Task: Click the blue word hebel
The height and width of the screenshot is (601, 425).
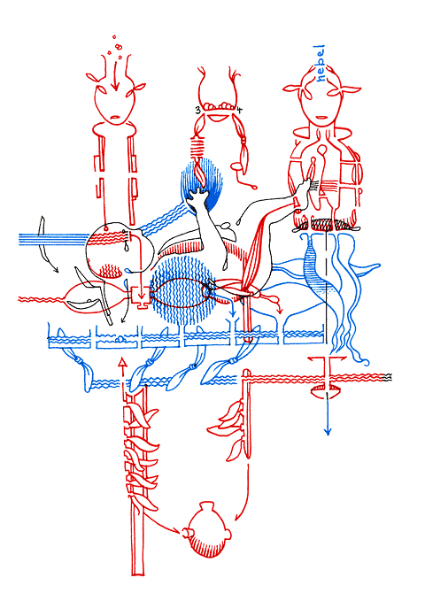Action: [x=320, y=63]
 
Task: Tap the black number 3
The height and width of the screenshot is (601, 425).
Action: [x=197, y=111]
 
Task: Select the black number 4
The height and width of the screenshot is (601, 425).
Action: [x=239, y=111]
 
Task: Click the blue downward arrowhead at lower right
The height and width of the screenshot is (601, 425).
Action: [x=328, y=431]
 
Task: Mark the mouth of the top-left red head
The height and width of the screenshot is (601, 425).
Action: [x=115, y=117]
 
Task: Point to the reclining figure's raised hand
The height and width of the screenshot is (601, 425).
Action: [x=198, y=196]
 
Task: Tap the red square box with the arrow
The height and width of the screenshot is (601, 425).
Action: [x=140, y=296]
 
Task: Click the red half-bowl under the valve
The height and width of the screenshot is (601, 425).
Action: [x=325, y=392]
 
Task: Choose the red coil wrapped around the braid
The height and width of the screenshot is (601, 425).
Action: [x=198, y=149]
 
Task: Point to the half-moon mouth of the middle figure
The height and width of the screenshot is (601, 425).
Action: [x=218, y=118]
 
